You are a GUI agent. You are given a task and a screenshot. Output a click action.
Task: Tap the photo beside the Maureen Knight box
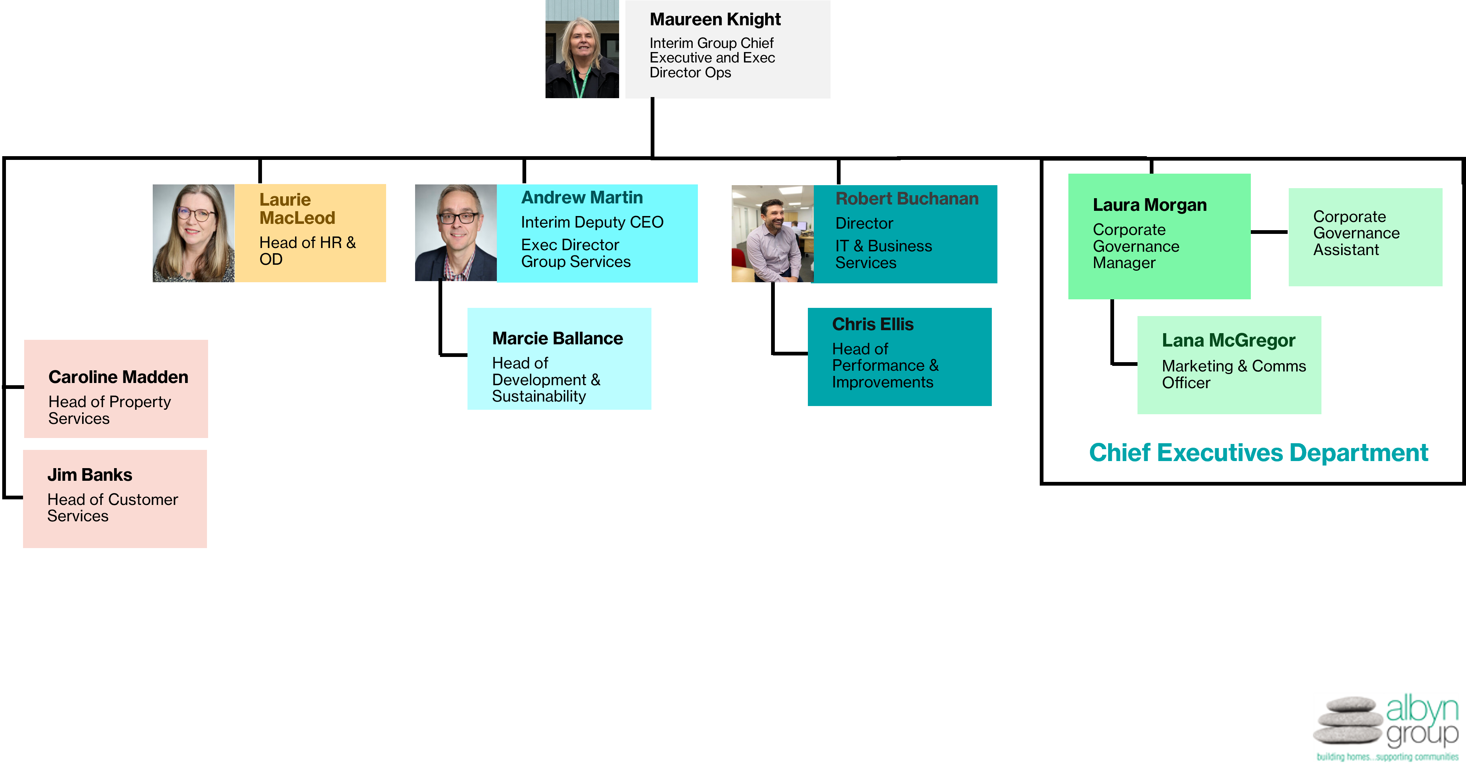pyautogui.click(x=582, y=49)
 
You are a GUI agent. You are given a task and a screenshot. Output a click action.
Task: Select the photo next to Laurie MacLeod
pyautogui.click(x=194, y=233)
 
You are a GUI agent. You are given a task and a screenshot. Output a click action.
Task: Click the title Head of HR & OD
pyautogui.click(x=307, y=251)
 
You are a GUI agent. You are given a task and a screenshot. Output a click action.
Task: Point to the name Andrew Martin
pyautogui.click(x=582, y=197)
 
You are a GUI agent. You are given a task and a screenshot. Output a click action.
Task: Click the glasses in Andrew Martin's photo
pyautogui.click(x=459, y=218)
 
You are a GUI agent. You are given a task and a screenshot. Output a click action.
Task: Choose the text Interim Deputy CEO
pyautogui.click(x=592, y=222)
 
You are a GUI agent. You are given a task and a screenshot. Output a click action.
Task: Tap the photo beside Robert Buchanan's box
pyautogui.click(x=772, y=234)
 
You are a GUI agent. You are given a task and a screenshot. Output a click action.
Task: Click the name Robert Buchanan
pyautogui.click(x=907, y=199)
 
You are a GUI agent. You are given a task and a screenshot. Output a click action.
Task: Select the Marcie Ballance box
pyautogui.click(x=559, y=359)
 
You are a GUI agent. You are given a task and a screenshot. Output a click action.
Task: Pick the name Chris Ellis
pyautogui.click(x=873, y=325)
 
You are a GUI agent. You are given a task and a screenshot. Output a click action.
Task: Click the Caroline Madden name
pyautogui.click(x=118, y=377)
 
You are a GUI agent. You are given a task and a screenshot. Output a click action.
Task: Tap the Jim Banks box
pyautogui.click(x=115, y=499)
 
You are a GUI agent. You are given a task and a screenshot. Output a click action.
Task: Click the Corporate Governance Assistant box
pyautogui.click(x=1365, y=237)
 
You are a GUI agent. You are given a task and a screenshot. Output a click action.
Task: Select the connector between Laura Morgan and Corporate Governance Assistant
pyautogui.click(x=1269, y=232)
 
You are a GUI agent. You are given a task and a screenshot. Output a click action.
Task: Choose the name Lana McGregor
pyautogui.click(x=1228, y=341)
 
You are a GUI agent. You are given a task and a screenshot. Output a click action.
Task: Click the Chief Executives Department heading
pyautogui.click(x=1258, y=453)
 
